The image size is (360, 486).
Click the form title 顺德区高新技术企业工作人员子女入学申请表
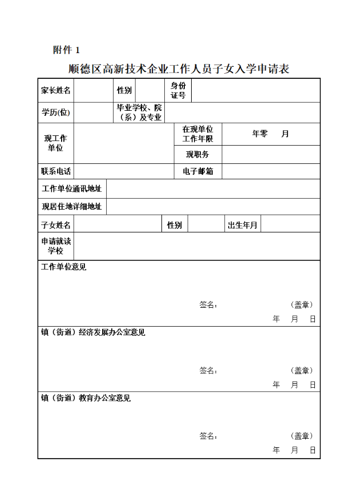point(179,70)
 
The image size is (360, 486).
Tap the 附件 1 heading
point(67,50)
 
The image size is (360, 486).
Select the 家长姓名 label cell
point(56,90)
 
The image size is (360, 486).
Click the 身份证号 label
point(178,90)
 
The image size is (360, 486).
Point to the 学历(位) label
point(56,113)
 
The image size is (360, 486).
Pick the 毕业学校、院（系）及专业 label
point(139,113)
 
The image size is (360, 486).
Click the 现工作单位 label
point(56,143)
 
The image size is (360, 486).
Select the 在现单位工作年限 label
point(197,134)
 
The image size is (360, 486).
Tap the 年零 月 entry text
point(270,134)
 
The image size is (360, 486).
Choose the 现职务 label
point(197,154)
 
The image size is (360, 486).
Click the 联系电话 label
point(56,171)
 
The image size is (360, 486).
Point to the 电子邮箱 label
point(197,171)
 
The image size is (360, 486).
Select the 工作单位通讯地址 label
point(72,189)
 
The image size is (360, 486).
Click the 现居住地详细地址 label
point(72,207)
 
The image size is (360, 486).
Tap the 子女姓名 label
point(56,225)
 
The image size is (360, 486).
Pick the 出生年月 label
point(242,225)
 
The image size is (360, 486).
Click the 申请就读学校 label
point(56,246)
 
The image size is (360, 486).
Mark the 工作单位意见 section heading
point(63,267)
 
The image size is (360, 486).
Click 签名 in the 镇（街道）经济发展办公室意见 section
point(208,371)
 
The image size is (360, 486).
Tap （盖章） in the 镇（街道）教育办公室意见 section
point(302,436)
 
